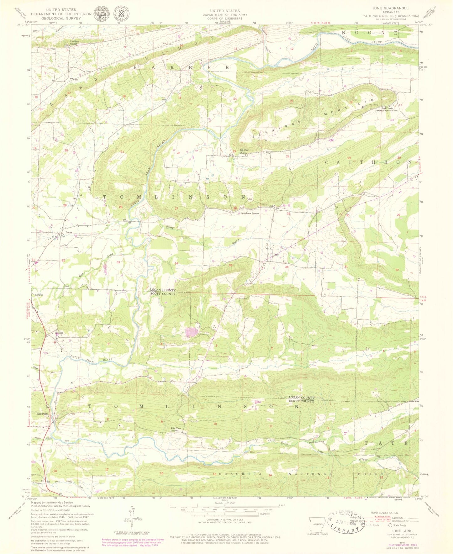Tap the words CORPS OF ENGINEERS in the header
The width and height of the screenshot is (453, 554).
coord(224,18)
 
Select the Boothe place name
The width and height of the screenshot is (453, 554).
coord(59,333)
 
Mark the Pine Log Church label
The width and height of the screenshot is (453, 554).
coord(74,43)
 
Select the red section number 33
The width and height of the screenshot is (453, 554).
coord(118,262)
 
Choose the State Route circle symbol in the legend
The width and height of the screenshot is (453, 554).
coord(390,525)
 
